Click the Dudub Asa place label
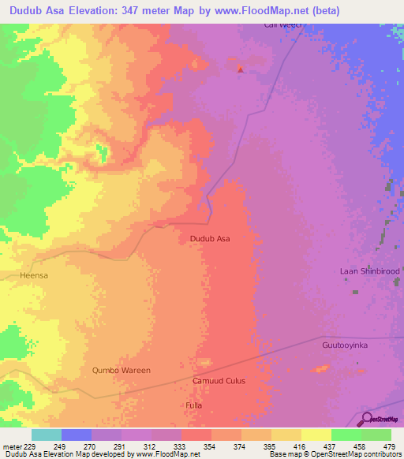coord(211,237)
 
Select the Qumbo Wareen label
coord(121,370)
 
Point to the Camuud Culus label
coord(219,381)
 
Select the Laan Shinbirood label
coord(370,271)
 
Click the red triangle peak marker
coord(240,69)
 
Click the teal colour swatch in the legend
coord(47,435)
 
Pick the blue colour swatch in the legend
coord(77,435)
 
